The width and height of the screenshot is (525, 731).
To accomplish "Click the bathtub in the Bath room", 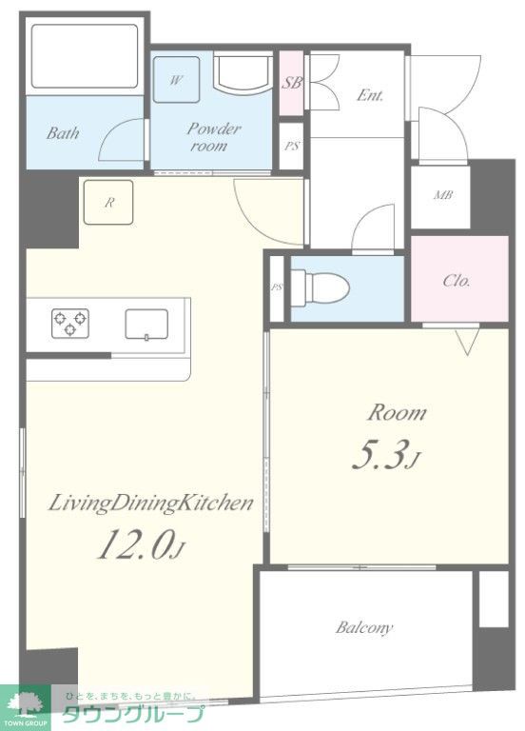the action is pyautogui.click(x=85, y=56).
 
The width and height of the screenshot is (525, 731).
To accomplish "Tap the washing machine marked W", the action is pyautogui.click(x=176, y=79).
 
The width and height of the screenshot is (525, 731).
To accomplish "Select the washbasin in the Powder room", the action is pyautogui.click(x=243, y=72).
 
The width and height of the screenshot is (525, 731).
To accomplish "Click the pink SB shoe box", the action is pyautogui.click(x=292, y=83).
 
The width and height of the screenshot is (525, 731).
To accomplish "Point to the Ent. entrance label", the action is pyautogui.click(x=370, y=95).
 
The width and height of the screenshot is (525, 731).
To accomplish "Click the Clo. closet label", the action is pyautogui.click(x=457, y=281).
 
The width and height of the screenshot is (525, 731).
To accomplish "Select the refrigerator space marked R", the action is pyautogui.click(x=108, y=203).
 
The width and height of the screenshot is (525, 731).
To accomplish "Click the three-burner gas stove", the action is pyautogui.click(x=70, y=323).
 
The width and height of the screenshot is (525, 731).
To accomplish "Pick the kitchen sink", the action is pyautogui.click(x=146, y=324).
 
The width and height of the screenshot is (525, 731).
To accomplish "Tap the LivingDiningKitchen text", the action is pyautogui.click(x=151, y=504).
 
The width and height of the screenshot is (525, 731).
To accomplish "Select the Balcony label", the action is pyautogui.click(x=364, y=627).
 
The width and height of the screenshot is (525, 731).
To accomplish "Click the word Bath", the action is pyautogui.click(x=63, y=133).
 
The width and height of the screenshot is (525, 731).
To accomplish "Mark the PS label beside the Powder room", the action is pyautogui.click(x=292, y=147).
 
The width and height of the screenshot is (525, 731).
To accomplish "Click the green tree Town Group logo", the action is pyautogui.click(x=25, y=707).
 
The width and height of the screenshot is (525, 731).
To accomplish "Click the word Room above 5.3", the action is pyautogui.click(x=397, y=413).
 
